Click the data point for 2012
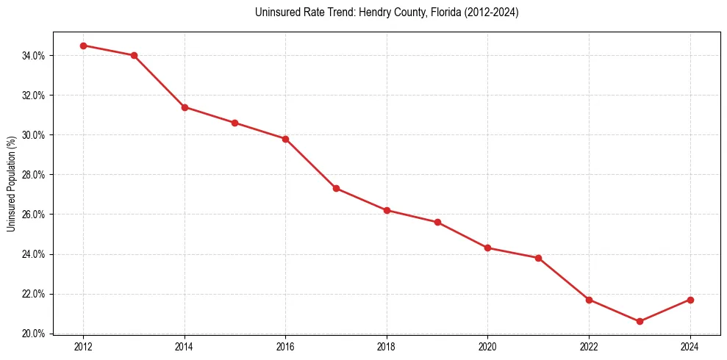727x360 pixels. pos(83,46)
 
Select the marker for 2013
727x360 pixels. pos(134,55)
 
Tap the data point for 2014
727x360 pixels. pos(185,107)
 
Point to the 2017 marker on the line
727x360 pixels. pos(336,188)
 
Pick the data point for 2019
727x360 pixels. pos(437,222)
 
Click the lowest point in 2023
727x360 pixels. pos(640,321)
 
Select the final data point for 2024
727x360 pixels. pos(690,300)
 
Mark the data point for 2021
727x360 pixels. pos(538,258)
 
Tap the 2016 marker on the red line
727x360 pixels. pos(285,139)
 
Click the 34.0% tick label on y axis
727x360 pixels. pos(34,56)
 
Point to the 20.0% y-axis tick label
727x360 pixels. pos(34,334)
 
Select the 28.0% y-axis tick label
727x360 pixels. pos(34,175)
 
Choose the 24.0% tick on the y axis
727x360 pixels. pos(34,254)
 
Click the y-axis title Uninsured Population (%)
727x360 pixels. pos(11,183)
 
